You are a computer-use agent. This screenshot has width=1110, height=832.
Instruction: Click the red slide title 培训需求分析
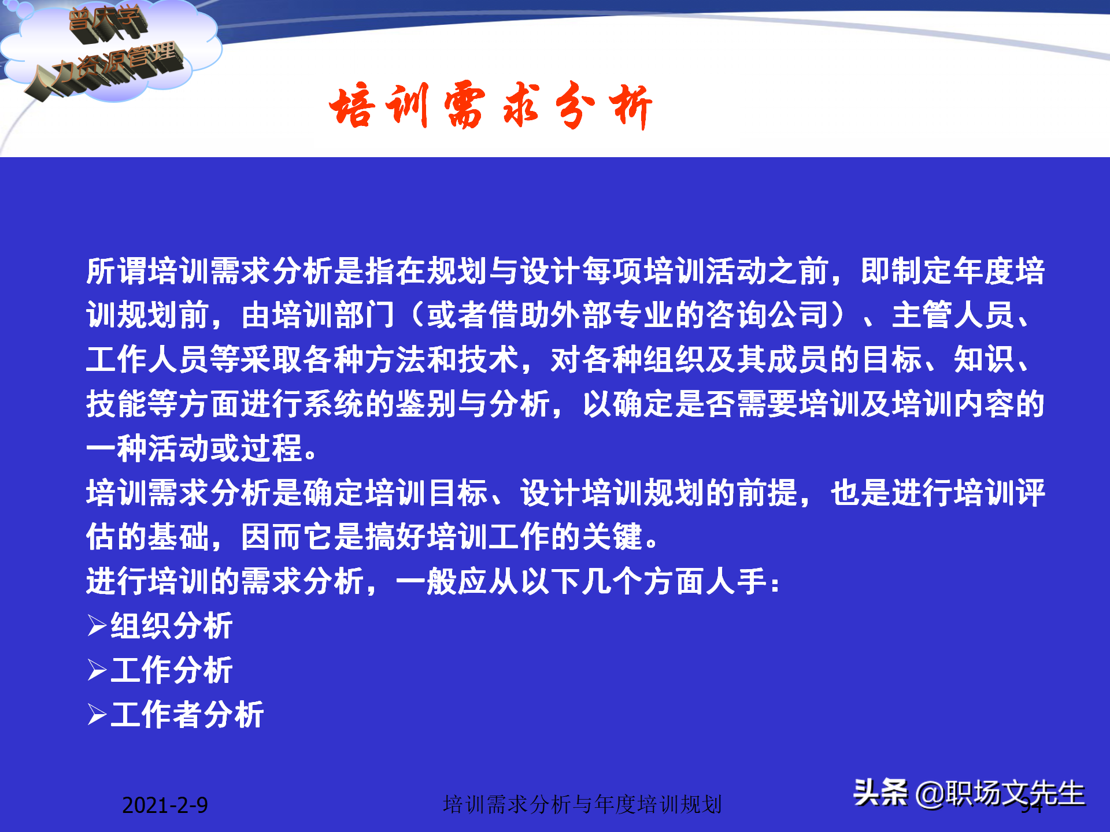(x=490, y=106)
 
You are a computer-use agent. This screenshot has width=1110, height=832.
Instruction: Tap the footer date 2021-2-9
(x=165, y=805)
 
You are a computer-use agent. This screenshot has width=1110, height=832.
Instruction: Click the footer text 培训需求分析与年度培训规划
(x=582, y=804)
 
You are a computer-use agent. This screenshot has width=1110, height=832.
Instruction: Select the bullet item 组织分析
(x=172, y=626)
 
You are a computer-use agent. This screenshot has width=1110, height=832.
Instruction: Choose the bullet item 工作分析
(x=172, y=670)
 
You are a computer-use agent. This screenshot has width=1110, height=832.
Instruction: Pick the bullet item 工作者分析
(x=187, y=715)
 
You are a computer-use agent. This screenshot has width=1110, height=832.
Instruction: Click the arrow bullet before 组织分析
(x=97, y=626)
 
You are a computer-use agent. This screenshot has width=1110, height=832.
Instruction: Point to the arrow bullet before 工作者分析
(x=97, y=715)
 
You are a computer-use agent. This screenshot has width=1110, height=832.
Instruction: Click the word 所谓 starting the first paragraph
(x=117, y=271)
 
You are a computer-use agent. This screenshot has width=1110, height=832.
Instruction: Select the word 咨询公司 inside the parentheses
(x=767, y=315)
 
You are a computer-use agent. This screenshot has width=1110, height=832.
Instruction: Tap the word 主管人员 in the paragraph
(x=952, y=315)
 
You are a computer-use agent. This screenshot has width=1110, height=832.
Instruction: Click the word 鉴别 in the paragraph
(x=427, y=404)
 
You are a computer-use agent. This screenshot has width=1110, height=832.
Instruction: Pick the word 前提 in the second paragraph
(x=767, y=493)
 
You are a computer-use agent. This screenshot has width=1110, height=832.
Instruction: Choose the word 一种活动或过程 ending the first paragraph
(x=194, y=448)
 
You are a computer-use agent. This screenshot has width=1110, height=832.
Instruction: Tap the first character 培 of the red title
(x=351, y=106)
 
